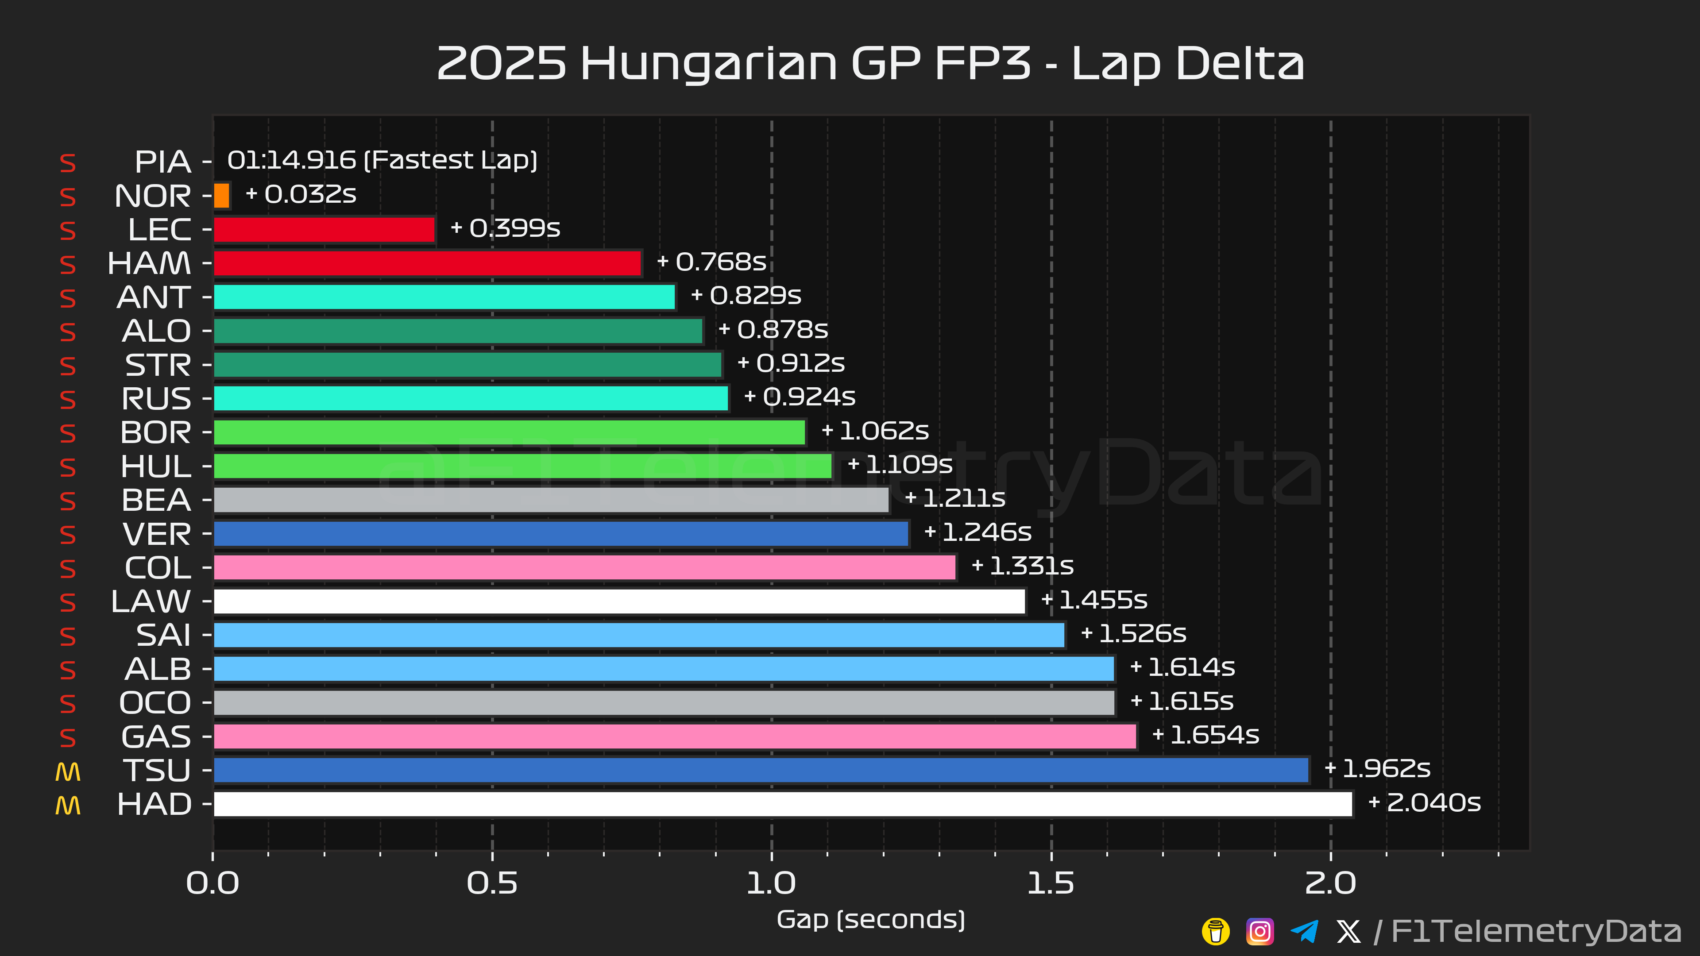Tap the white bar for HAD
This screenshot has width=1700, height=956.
783,804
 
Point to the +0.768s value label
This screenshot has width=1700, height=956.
711,262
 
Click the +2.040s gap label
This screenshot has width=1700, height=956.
1425,803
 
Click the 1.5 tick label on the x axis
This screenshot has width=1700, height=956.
1051,883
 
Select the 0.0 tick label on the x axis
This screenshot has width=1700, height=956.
212,883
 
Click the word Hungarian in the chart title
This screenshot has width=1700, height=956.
709,65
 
